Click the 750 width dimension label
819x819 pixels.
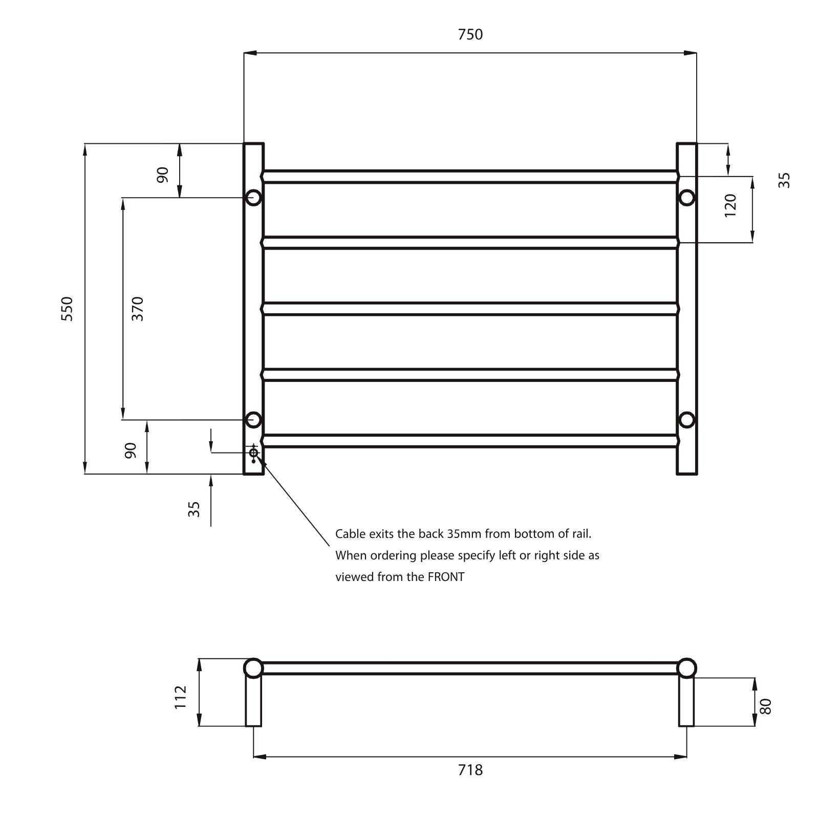point(470,34)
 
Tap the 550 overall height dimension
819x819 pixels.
point(67,308)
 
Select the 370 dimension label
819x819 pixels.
point(137,308)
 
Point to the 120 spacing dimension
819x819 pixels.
point(730,205)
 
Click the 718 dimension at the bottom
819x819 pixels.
point(470,770)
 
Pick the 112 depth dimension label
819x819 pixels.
point(181,697)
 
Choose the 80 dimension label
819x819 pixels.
point(766,706)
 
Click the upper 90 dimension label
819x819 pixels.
point(162,175)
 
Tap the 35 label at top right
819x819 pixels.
point(784,180)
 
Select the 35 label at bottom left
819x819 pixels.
point(194,509)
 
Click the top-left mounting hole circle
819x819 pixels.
point(253,197)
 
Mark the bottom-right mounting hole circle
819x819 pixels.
point(686,420)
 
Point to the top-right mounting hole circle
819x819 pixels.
point(686,197)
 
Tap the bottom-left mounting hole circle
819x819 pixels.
point(253,420)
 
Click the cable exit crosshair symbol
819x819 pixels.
point(253,452)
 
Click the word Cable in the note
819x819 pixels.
point(350,534)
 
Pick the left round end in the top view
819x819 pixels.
point(253,669)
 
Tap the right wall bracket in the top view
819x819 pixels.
point(686,701)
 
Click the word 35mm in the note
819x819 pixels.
point(464,534)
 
